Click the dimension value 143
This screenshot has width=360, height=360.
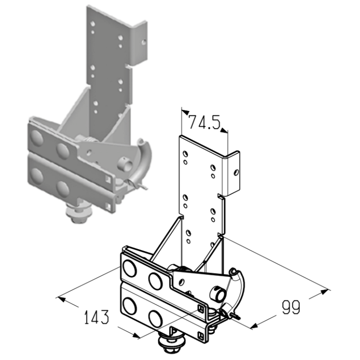click(x=96, y=317)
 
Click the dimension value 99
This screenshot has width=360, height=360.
click(x=290, y=307)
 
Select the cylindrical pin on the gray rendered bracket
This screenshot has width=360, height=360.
click(x=125, y=164)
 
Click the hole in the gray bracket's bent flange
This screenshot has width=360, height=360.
click(x=144, y=42)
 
